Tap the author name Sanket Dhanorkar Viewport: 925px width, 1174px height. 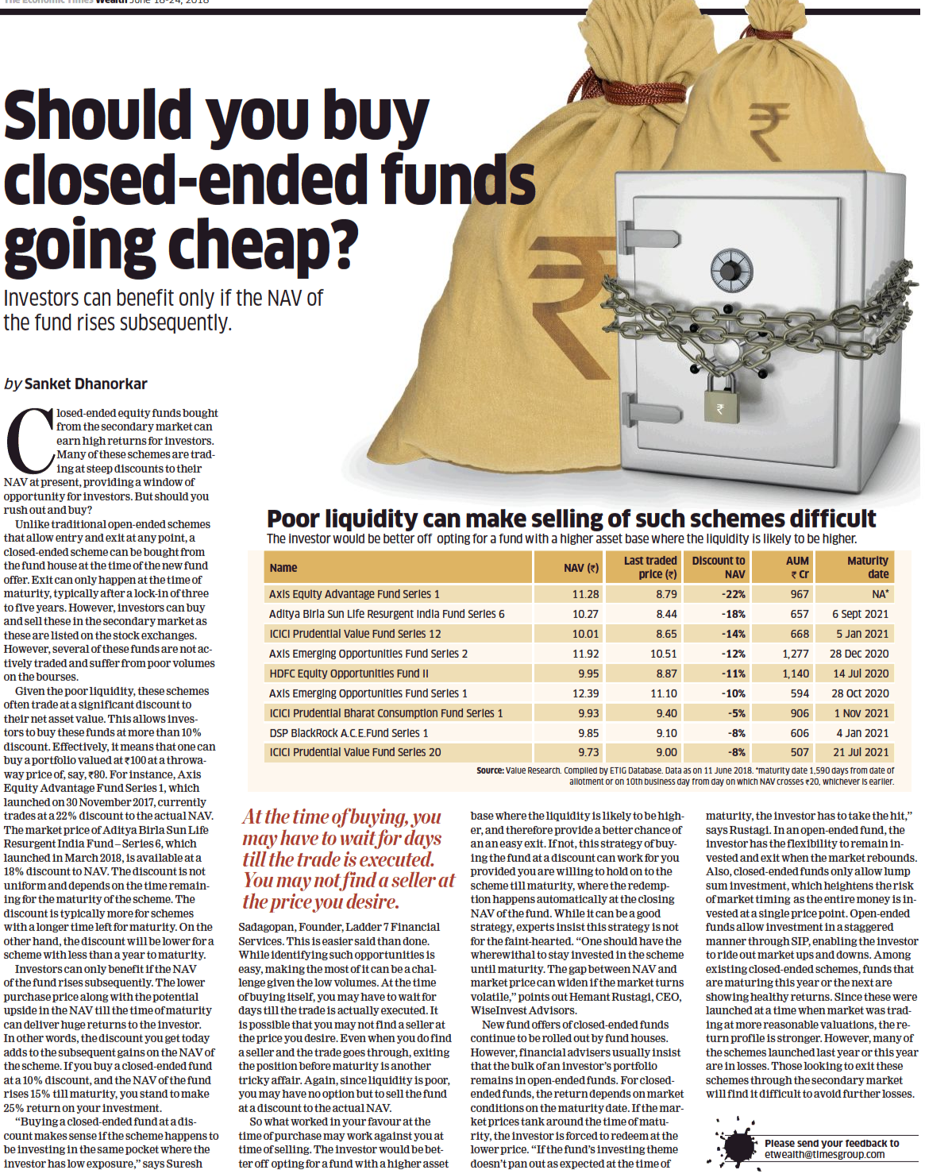point(86,384)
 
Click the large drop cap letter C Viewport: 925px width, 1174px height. point(29,441)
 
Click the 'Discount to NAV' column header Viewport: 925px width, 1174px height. point(718,567)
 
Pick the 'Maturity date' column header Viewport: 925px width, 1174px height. point(867,567)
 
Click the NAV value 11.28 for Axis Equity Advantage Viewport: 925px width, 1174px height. point(585,594)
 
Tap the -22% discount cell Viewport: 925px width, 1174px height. point(734,594)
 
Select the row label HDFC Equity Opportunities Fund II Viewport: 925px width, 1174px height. point(349,674)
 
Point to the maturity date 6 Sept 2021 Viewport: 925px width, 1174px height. point(860,614)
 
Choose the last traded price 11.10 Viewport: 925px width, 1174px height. point(663,693)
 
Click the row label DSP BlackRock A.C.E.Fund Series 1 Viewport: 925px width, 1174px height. point(349,733)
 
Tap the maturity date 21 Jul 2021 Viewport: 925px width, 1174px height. point(861,752)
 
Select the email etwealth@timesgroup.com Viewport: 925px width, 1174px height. point(824,1154)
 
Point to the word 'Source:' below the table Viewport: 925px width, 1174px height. point(490,770)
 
